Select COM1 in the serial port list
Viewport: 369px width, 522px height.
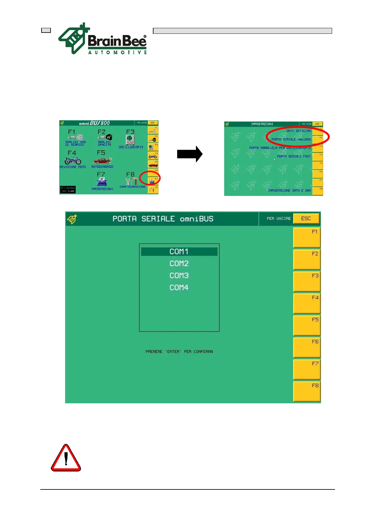point(179,251)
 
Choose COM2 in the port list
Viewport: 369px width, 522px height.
point(179,263)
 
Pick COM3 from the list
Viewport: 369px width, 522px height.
point(179,276)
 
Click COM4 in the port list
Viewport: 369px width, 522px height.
point(179,288)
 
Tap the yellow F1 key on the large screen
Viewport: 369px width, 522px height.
point(307,238)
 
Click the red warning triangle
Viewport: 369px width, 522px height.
point(66,458)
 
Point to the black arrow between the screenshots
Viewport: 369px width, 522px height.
point(189,154)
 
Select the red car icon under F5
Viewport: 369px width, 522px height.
point(102,161)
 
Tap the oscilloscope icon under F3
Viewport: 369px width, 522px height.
point(130,140)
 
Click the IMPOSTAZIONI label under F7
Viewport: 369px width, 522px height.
point(102,189)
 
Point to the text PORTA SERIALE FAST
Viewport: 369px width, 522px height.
point(294,157)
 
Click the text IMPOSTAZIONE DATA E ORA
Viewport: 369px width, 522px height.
point(289,191)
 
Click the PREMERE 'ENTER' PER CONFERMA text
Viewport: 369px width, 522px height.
point(179,352)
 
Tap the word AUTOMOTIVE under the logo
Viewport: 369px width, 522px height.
point(117,52)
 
